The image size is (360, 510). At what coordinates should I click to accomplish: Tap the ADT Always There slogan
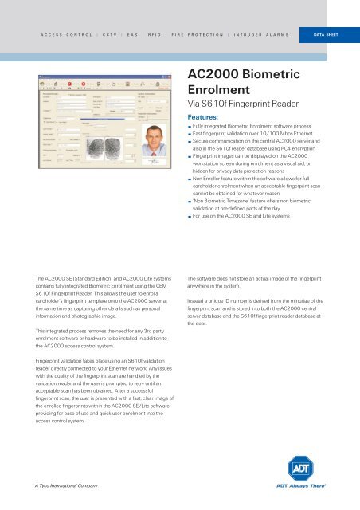(312, 485)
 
